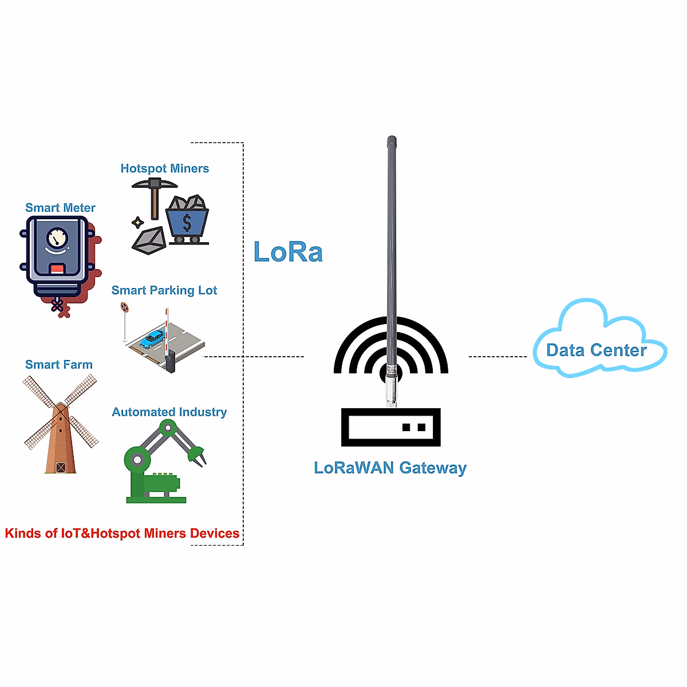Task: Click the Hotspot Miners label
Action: [164, 168]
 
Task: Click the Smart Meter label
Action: [60, 208]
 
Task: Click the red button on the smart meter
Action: [57, 269]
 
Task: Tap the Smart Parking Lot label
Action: [164, 290]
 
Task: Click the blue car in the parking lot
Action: [152, 338]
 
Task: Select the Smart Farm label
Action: [58, 365]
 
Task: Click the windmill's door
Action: [61, 468]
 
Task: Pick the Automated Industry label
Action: [169, 412]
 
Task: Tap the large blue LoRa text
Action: [288, 252]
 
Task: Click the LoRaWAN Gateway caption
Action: [390, 468]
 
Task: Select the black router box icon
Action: [390, 427]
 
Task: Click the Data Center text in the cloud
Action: [596, 350]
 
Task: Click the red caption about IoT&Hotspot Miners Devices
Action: [122, 534]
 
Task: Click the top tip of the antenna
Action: [392, 139]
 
